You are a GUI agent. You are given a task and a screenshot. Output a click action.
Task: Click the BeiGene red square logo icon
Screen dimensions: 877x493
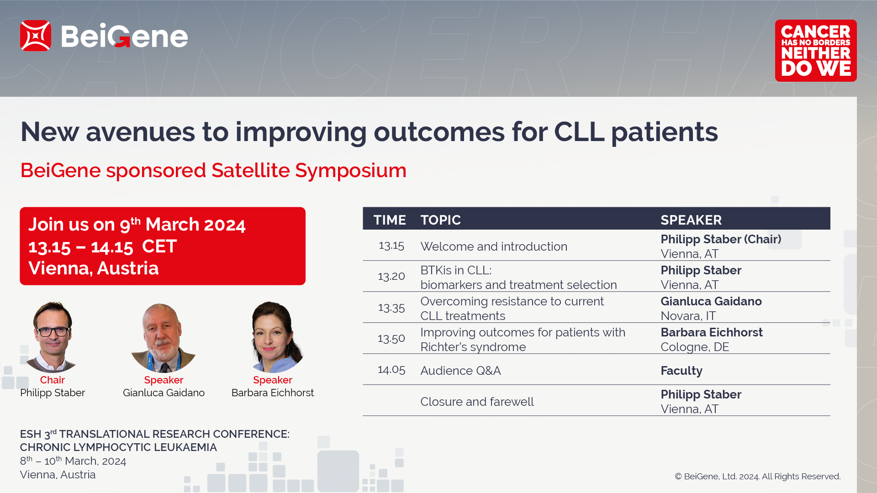(35, 36)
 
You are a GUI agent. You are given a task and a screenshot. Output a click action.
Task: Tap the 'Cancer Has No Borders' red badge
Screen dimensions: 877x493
(816, 51)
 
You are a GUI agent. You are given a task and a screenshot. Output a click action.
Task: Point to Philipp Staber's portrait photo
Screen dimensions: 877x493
(52, 337)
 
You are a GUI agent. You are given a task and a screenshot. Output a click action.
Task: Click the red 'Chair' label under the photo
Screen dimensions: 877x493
(53, 380)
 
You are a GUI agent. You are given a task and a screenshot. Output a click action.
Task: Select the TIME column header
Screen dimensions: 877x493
(390, 220)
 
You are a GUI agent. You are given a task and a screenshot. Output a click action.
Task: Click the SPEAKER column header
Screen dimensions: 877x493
(691, 220)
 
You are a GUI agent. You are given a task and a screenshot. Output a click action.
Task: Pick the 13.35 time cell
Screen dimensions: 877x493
(391, 308)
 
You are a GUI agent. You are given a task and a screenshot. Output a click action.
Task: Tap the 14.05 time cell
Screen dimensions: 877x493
(391, 370)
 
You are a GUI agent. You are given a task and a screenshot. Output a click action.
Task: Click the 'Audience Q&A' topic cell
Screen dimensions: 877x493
(460, 371)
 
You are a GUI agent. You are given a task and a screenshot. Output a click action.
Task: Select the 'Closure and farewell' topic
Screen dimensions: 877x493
(477, 402)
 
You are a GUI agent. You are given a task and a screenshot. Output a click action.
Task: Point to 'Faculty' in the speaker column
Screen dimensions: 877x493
(682, 371)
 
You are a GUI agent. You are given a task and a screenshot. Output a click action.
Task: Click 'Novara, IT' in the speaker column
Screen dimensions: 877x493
(688, 316)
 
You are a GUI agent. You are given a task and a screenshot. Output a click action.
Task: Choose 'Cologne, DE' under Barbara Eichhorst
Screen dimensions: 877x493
(695, 347)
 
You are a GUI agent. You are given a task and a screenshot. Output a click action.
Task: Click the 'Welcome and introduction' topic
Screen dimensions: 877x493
(494, 246)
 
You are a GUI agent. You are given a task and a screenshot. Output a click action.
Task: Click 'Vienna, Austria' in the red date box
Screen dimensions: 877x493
(94, 268)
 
